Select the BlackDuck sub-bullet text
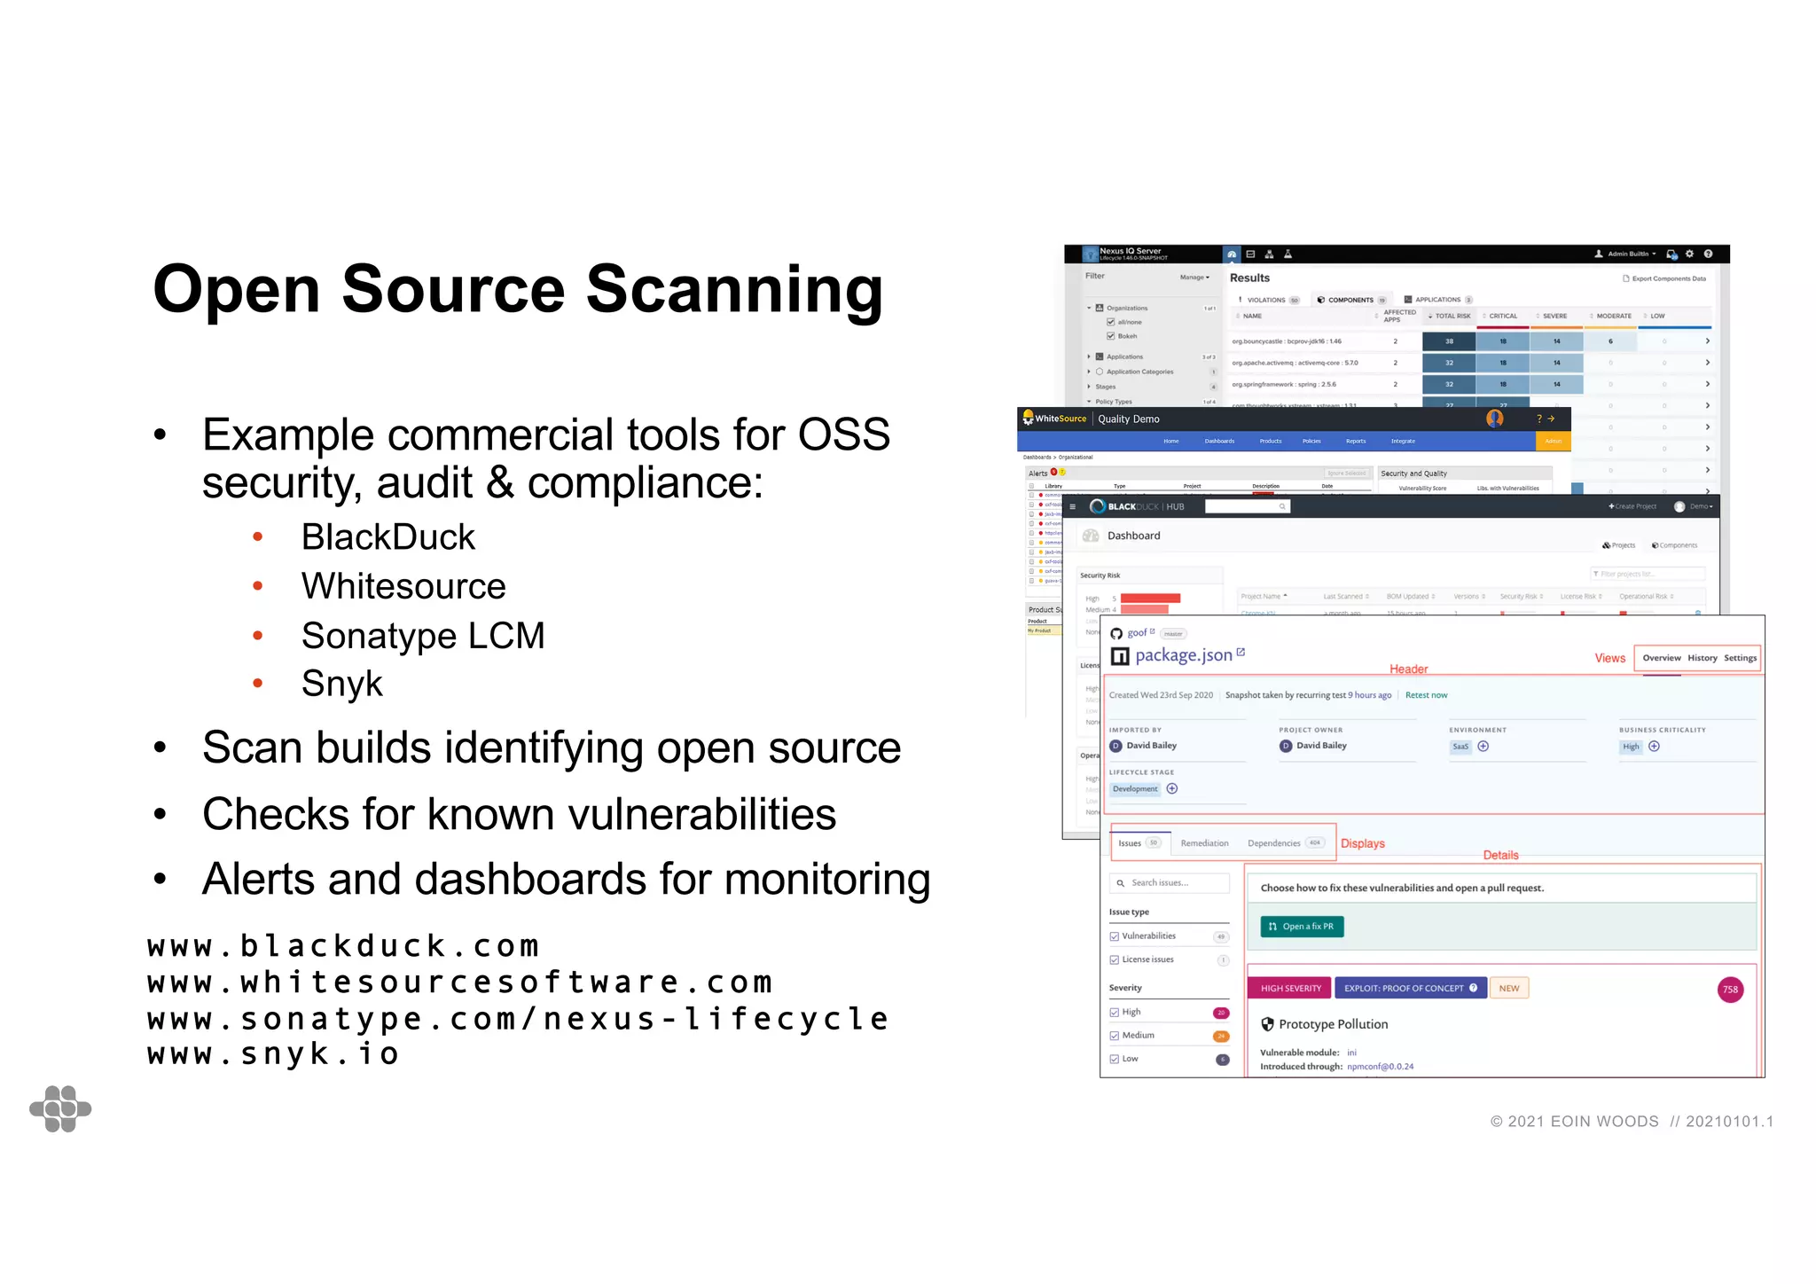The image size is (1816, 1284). click(387, 537)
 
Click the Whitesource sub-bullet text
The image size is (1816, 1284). click(403, 586)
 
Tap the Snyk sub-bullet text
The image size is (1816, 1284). click(341, 684)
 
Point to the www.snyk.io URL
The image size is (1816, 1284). click(273, 1053)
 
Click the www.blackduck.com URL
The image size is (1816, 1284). click(343, 946)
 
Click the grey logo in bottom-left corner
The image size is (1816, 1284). click(60, 1108)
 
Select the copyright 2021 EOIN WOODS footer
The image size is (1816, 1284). click(1574, 1122)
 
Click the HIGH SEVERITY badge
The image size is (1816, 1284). click(1290, 988)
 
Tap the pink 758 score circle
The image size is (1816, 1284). click(1730, 990)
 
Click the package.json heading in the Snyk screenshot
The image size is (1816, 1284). click(1183, 655)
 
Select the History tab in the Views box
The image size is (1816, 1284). click(1702, 658)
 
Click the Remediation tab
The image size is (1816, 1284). click(1204, 843)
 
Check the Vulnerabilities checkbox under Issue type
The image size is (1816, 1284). click(1115, 936)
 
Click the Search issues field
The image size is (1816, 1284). click(1170, 883)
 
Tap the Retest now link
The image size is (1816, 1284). click(1426, 695)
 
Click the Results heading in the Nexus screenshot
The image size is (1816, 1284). click(1249, 278)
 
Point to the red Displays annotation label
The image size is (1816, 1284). click(1362, 843)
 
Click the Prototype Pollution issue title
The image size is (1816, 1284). click(1333, 1024)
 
